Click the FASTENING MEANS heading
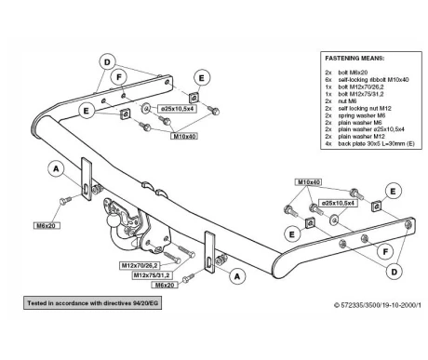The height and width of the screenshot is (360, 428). [354, 58]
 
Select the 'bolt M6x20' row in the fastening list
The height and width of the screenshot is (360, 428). [353, 73]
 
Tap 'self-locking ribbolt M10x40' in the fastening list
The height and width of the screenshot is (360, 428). [373, 80]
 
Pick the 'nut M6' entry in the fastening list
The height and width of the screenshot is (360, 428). [347, 101]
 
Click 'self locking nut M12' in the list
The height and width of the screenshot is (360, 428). [365, 108]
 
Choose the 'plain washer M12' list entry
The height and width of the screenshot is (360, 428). [361, 137]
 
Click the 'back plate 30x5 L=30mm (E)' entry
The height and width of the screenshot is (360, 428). [376, 143]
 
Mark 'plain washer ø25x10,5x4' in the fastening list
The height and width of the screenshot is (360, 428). [371, 129]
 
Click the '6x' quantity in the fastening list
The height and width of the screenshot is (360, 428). [328, 80]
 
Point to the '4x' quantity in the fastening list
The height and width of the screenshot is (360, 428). [328, 143]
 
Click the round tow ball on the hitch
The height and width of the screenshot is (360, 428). [112, 221]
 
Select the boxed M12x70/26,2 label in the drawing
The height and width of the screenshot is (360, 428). [140, 265]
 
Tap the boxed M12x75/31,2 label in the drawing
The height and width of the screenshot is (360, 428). [152, 275]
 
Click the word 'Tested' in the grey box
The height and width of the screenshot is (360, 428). [37, 303]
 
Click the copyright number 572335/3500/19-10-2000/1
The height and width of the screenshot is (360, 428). [381, 305]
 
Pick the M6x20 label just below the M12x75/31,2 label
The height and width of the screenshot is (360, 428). [165, 285]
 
